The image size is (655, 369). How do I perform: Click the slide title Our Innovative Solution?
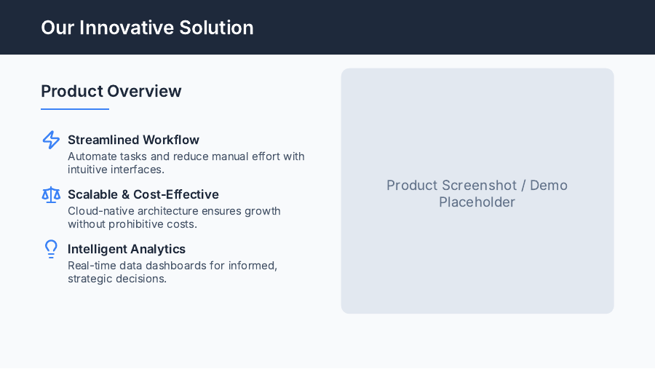click(x=147, y=28)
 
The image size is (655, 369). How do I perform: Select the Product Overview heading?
click(x=111, y=91)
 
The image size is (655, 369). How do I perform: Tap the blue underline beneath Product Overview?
click(x=74, y=109)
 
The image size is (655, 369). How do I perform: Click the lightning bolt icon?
click(x=51, y=140)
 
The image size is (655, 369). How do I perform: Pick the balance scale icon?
click(x=51, y=194)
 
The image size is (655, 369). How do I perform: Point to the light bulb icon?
click(x=51, y=249)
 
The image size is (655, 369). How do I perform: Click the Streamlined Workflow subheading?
click(x=133, y=140)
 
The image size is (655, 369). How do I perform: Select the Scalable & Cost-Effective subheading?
click(x=143, y=194)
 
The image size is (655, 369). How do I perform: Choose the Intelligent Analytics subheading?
click(x=126, y=249)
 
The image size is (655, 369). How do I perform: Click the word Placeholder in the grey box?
click(x=477, y=202)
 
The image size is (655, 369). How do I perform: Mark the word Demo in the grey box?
click(x=549, y=186)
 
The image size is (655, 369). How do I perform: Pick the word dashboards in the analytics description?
click(x=179, y=266)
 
